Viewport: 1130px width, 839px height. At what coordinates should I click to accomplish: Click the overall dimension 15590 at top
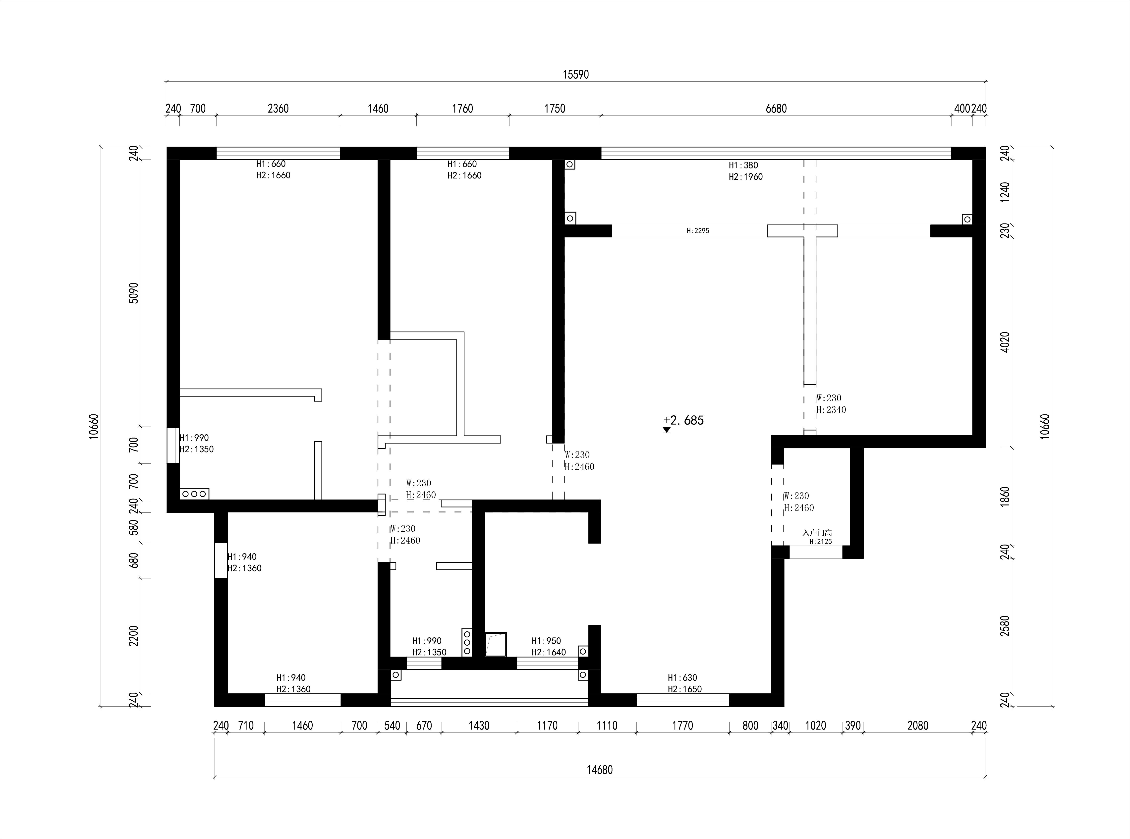click(575, 75)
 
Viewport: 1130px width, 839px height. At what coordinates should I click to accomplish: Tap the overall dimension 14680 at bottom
click(600, 770)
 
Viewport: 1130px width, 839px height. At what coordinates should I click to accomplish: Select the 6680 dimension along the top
click(776, 109)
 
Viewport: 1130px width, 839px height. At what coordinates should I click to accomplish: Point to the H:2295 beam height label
click(698, 230)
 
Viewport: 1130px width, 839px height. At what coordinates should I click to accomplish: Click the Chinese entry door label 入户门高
click(817, 533)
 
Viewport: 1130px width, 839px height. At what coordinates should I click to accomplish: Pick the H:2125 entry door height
click(821, 541)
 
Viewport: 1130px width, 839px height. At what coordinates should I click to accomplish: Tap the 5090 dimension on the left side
click(134, 292)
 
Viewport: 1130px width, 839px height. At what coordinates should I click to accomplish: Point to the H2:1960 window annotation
click(745, 177)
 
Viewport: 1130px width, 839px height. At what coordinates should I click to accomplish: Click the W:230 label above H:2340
click(828, 398)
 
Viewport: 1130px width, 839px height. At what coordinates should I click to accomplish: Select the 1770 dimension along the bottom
click(682, 726)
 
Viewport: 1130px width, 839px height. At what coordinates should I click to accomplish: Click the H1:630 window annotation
click(682, 677)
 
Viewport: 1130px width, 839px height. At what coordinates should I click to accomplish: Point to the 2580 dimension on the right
click(1005, 626)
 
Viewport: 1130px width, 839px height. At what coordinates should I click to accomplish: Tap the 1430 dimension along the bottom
click(479, 726)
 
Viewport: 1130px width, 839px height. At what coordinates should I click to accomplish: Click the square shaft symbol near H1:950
click(496, 644)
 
